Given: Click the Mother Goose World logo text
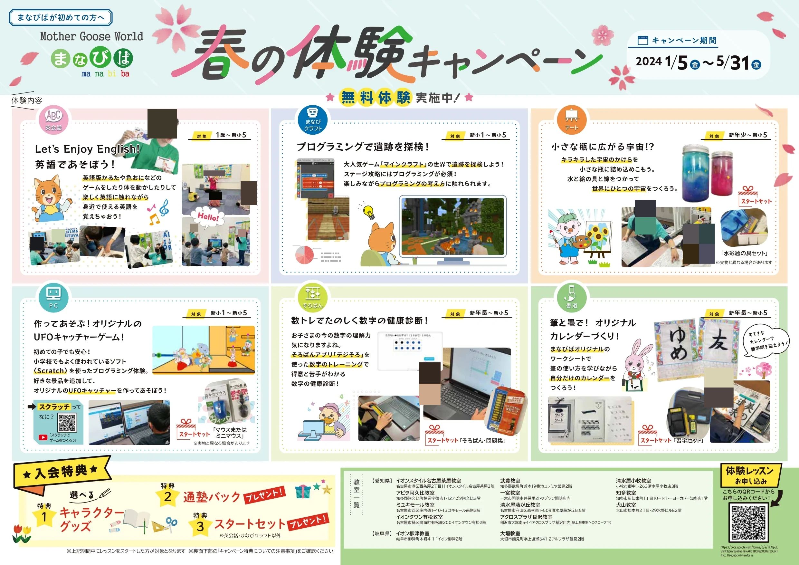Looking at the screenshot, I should point(91,36).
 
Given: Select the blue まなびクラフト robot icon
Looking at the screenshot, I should point(313,120).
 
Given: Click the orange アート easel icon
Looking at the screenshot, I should point(571,120).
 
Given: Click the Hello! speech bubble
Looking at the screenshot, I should point(208,217).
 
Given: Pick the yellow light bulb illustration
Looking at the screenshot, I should point(369,211).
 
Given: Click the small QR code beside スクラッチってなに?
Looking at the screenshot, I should point(67,423).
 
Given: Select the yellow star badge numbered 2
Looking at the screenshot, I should point(167,497).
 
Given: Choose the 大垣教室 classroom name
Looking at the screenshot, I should point(510,533).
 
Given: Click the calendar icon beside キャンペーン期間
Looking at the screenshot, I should point(642,40).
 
